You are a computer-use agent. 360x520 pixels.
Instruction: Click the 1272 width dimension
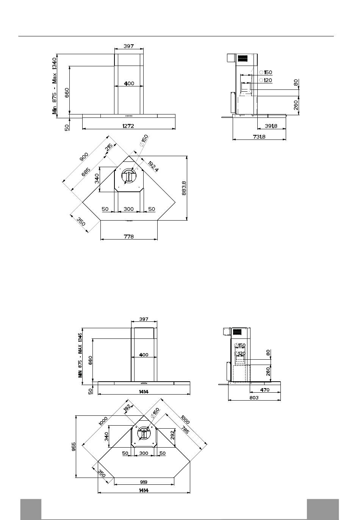point(128,126)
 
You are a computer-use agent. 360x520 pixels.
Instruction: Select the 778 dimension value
point(128,237)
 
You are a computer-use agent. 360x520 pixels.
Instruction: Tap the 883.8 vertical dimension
point(184,188)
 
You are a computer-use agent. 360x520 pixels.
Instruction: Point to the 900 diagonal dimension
point(84,157)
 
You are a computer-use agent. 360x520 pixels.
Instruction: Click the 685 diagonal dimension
point(86,172)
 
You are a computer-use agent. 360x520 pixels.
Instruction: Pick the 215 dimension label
point(109,147)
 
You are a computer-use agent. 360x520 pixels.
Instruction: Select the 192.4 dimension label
point(153,166)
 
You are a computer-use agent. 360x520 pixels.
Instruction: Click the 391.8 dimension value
point(271,126)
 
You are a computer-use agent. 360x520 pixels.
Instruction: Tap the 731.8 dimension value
point(259,137)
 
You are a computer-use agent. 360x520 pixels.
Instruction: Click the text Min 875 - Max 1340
point(54,86)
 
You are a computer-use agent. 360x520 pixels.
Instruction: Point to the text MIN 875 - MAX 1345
point(80,355)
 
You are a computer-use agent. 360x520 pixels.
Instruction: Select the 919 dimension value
point(144,482)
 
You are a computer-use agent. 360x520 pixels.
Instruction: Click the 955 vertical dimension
point(74,446)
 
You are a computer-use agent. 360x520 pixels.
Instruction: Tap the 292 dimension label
point(172,435)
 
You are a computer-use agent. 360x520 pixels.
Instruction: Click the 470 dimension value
point(265,390)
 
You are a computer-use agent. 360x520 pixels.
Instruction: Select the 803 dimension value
point(254,398)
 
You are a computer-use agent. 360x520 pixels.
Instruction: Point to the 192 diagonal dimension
point(127,408)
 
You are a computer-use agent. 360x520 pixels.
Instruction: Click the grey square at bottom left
point(31,509)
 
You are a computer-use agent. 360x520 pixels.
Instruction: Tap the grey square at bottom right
point(322,509)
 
